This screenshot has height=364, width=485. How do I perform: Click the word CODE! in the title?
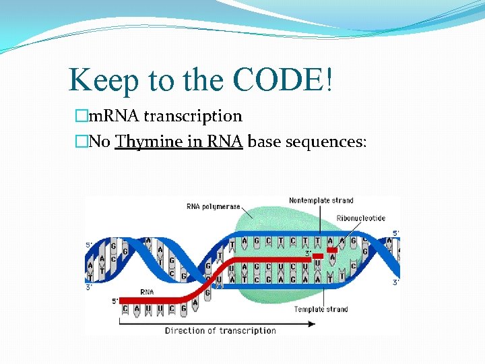pyautogui.click(x=282, y=81)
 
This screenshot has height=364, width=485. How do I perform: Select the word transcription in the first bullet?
pyautogui.click(x=193, y=117)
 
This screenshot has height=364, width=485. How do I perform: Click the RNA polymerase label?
pyautogui.click(x=213, y=206)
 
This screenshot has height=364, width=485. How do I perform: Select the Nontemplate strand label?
pyautogui.click(x=321, y=201)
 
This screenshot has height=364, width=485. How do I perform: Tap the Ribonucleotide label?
pyautogui.click(x=362, y=218)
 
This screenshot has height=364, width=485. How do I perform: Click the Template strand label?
pyautogui.click(x=321, y=309)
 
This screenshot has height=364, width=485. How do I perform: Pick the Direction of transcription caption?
pyautogui.click(x=220, y=331)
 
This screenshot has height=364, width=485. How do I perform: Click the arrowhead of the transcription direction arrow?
pyautogui.click(x=311, y=323)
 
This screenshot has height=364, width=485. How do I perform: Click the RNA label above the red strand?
pyautogui.click(x=147, y=292)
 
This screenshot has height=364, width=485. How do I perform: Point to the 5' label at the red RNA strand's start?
pyautogui.click(x=115, y=301)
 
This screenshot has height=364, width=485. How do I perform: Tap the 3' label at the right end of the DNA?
pyautogui.click(x=396, y=282)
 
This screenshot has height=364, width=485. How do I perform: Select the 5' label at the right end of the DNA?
pyautogui.click(x=396, y=233)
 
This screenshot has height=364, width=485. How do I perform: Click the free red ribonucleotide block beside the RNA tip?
pyautogui.click(x=331, y=250)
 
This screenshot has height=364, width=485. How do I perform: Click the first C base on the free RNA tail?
pyautogui.click(x=125, y=309)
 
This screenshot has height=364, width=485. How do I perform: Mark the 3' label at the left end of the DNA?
pyautogui.click(x=88, y=287)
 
